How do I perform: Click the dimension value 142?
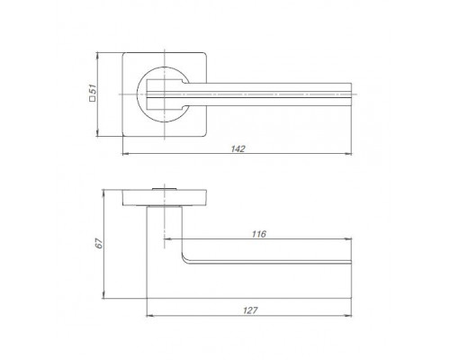tap(238, 148)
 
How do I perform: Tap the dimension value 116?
tap(259, 234)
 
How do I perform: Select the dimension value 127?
tap(250, 310)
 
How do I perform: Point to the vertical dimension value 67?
tap(99, 243)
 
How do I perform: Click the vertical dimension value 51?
tap(93, 89)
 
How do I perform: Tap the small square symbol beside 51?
tap(93, 98)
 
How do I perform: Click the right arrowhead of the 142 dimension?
tap(348, 154)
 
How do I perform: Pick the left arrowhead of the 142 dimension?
tap(126, 154)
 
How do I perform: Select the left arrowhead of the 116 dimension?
tap(168, 239)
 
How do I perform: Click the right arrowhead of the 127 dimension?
tap(348, 316)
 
